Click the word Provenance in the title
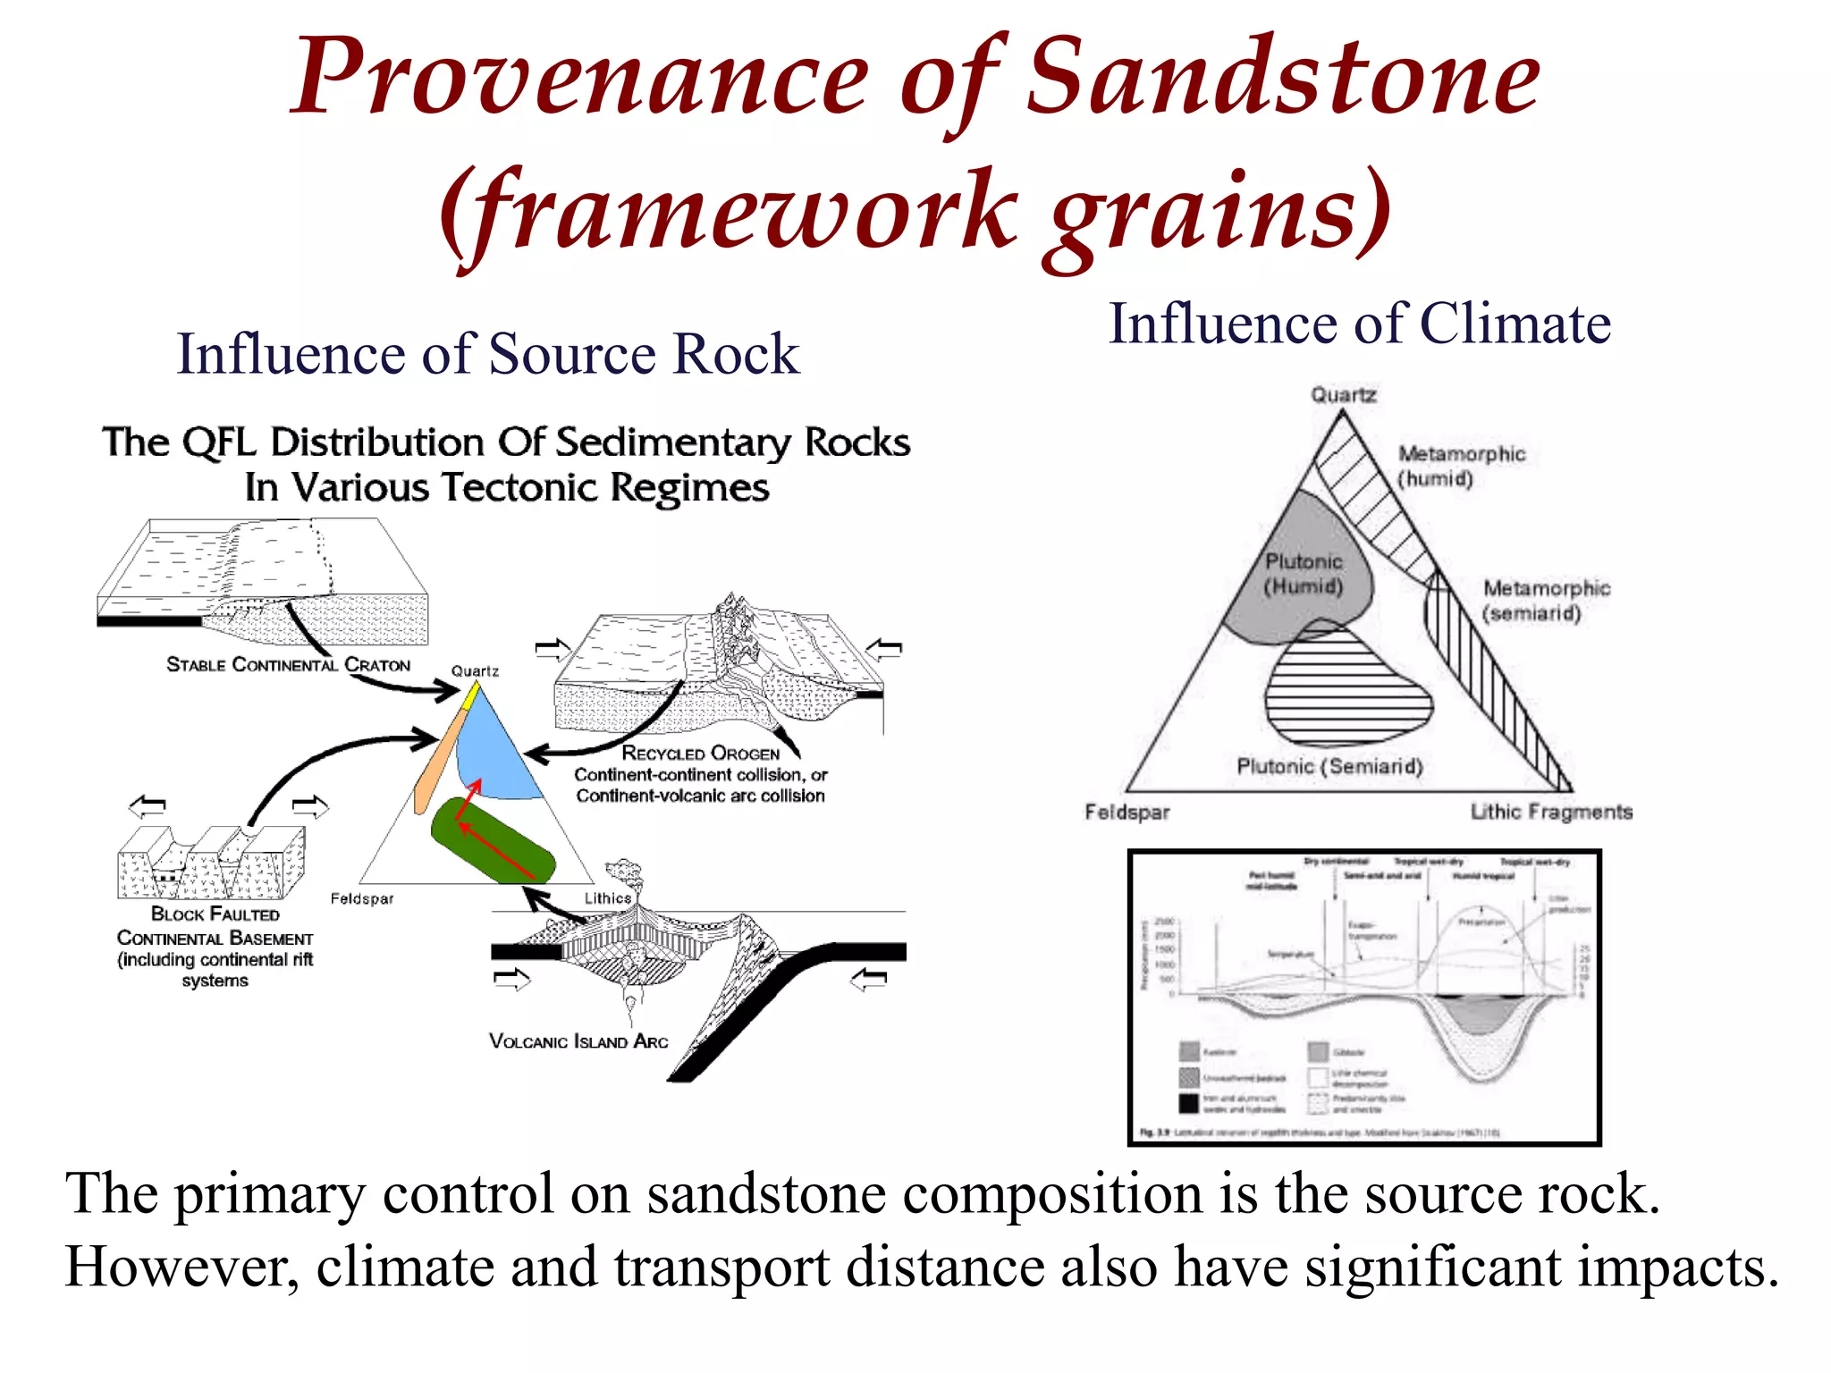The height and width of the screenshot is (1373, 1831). pyautogui.click(x=581, y=79)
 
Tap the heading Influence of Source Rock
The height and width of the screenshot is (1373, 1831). pyautogui.click(x=488, y=354)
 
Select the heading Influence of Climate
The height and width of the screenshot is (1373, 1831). pyautogui.click(x=1359, y=324)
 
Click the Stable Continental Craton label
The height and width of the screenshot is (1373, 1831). pyautogui.click(x=288, y=665)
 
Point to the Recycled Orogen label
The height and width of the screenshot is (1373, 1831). pyautogui.click(x=700, y=754)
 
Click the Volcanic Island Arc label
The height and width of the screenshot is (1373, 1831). pyautogui.click(x=578, y=1041)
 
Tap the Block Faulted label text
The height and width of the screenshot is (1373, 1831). pyautogui.click(x=215, y=914)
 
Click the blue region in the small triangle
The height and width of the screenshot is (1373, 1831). pyautogui.click(x=496, y=751)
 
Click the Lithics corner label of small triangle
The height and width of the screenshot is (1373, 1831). pyautogui.click(x=608, y=898)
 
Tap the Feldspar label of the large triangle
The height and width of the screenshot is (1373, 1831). pyautogui.click(x=1126, y=813)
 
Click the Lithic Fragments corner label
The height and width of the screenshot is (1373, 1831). pyautogui.click(x=1551, y=812)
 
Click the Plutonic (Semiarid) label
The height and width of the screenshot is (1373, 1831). pyautogui.click(x=1329, y=767)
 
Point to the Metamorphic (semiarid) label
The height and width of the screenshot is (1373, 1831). pyautogui.click(x=1545, y=600)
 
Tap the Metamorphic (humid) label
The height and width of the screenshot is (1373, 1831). pyautogui.click(x=1461, y=466)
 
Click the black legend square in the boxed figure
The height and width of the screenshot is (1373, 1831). pyautogui.click(x=1188, y=1103)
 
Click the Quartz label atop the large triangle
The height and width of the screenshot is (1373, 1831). pyautogui.click(x=1343, y=394)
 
